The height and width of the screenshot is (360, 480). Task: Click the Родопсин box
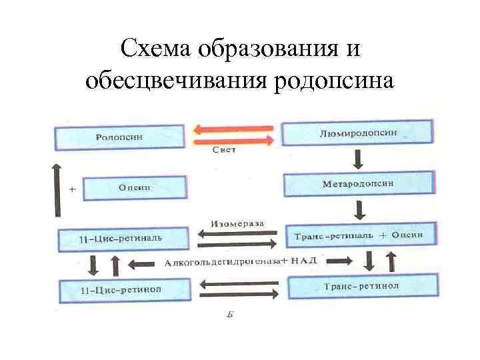pos(120,137)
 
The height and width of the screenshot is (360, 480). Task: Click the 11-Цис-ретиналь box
pos(121,239)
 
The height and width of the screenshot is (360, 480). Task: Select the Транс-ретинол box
pos(361,287)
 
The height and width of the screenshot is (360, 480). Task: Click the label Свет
pos(224,151)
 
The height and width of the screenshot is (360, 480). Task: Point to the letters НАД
pos(303,261)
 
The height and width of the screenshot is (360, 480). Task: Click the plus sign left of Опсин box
pos(72,189)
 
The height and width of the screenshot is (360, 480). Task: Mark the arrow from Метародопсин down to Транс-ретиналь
pos(359,210)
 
